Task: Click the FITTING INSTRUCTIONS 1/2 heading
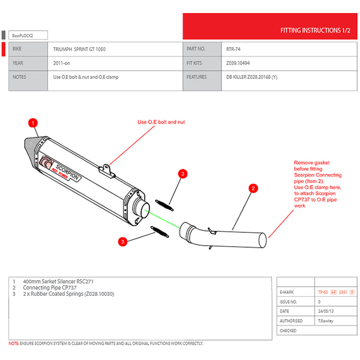[x=315, y=31]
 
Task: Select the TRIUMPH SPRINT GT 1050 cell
[x=79, y=49]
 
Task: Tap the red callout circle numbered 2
[x=253, y=189]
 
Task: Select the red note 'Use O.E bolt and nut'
[x=161, y=122]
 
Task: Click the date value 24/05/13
[x=325, y=311]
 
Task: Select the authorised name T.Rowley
[x=326, y=321]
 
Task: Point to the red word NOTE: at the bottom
[x=13, y=343]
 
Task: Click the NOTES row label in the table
[x=20, y=77]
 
